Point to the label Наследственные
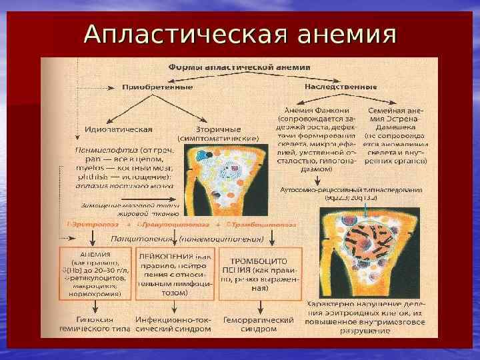[341, 87]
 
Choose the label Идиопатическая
[119, 129]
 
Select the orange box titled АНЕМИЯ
[95, 272]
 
